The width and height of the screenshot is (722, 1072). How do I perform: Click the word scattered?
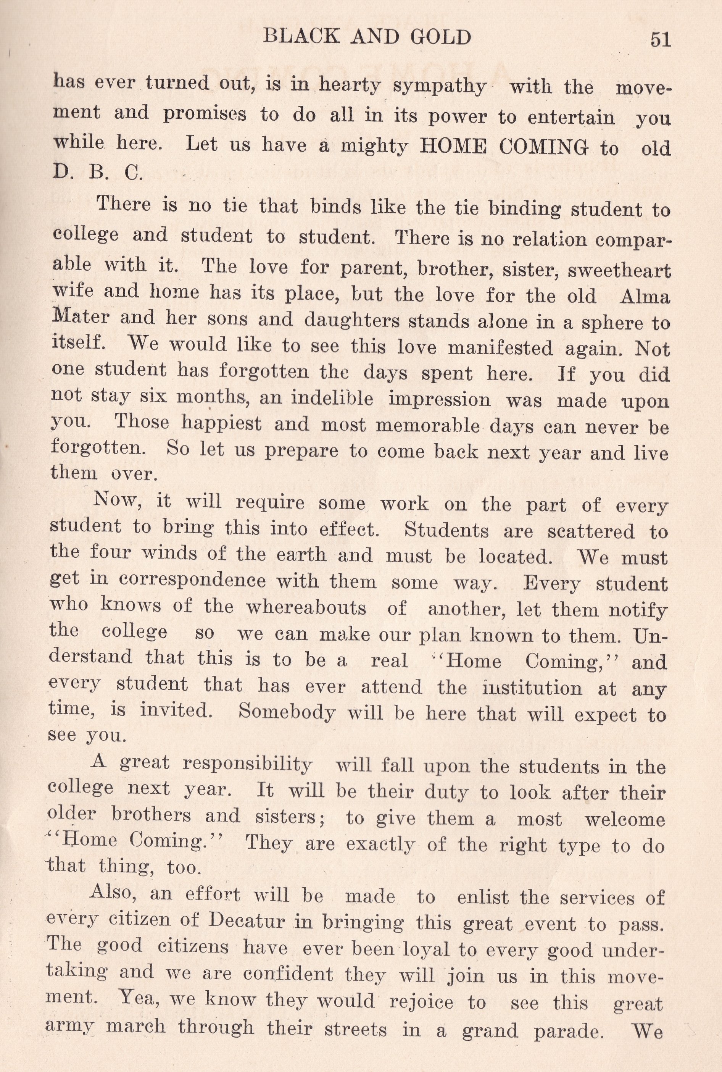point(591,532)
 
